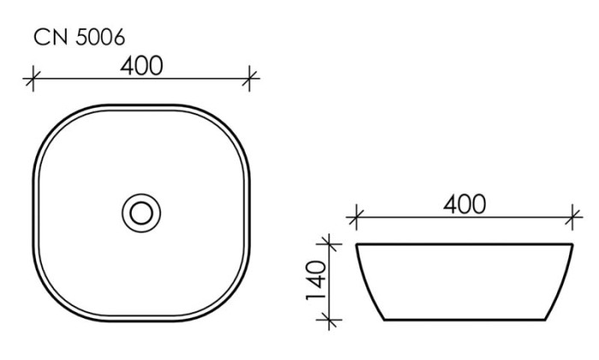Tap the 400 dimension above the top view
(141, 65)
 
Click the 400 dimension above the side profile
(464, 204)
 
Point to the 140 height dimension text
(316, 279)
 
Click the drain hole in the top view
(141, 210)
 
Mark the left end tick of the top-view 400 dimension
(33, 80)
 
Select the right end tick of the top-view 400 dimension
(250, 80)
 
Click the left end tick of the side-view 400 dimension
(357, 218)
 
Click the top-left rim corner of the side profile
(357, 245)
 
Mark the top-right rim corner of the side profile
(572, 245)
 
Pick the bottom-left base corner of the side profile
(383, 321)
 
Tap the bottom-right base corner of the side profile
(547, 321)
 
